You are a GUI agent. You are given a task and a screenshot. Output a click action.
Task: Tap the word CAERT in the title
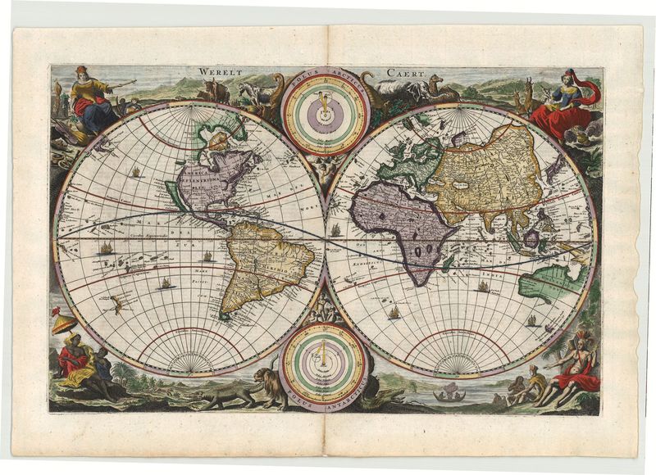click(x=408, y=74)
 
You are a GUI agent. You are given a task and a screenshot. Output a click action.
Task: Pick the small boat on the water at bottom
click(x=448, y=396)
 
